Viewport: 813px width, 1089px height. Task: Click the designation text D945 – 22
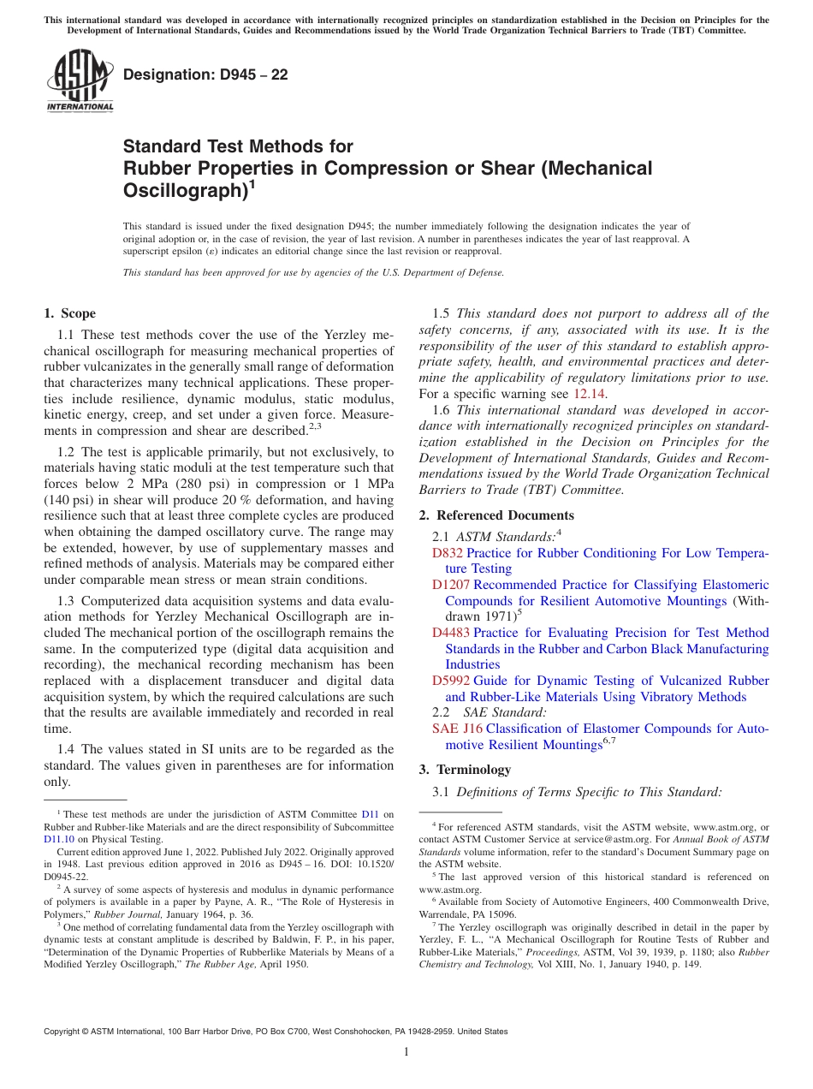coord(205,74)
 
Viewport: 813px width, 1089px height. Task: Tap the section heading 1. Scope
coord(69,313)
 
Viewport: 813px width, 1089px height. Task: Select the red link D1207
coord(451,585)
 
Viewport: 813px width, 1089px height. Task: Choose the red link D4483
coord(451,633)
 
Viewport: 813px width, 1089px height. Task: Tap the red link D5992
coord(451,681)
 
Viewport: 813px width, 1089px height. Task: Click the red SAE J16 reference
coord(457,729)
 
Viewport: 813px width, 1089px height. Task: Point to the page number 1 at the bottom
coord(406,1052)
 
